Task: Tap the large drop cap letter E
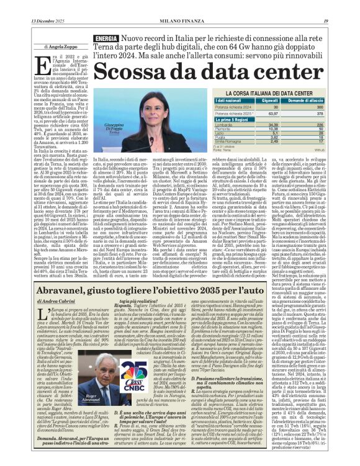pyautogui.click(x=42, y=64)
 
